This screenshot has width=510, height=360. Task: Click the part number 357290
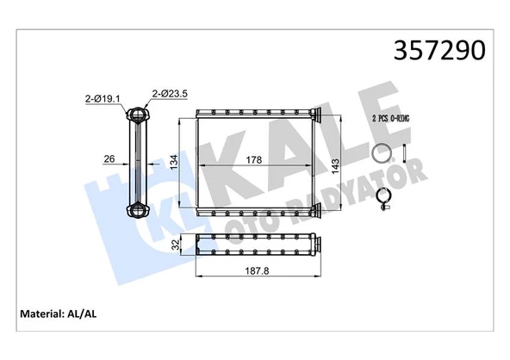439,51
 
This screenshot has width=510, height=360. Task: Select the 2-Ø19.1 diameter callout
103,98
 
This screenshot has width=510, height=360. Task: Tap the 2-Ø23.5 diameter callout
170,94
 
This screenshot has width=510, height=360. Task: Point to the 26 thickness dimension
109,158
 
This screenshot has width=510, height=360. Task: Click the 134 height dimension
175,162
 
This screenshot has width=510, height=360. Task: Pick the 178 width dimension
253,160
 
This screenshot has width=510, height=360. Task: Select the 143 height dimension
335,166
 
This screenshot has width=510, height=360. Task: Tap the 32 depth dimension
176,245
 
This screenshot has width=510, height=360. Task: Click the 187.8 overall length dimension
257,270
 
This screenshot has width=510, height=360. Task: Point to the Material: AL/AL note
59,313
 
